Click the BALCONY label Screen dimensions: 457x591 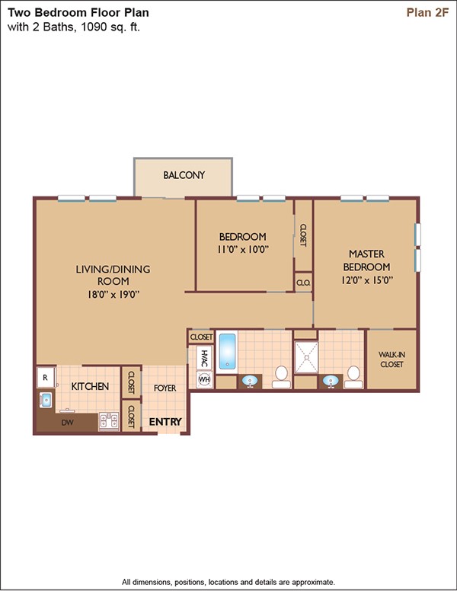tap(184, 175)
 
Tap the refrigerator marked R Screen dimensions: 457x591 tap(46, 377)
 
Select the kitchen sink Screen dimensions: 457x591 tap(46, 400)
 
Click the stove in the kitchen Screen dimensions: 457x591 tap(109, 421)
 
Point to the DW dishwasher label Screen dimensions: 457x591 tap(68, 423)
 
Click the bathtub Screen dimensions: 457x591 tap(227, 351)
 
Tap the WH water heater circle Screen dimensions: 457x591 tap(204, 379)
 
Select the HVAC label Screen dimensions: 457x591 tap(204, 358)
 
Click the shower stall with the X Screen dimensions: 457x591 tap(306, 356)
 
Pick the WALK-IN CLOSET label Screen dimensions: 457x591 tap(391, 359)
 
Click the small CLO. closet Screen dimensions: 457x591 tap(303, 283)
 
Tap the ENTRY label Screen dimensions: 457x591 tap(165, 422)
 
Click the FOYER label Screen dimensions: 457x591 tap(165, 388)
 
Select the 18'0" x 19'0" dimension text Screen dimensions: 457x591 tap(113, 295)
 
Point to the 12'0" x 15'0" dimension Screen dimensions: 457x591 tap(367, 280)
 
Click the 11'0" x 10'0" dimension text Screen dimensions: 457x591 tap(243, 249)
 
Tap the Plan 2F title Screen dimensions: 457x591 tap(427, 12)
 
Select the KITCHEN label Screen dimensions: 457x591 tap(90, 386)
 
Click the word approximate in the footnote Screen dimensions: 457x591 tap(312, 582)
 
